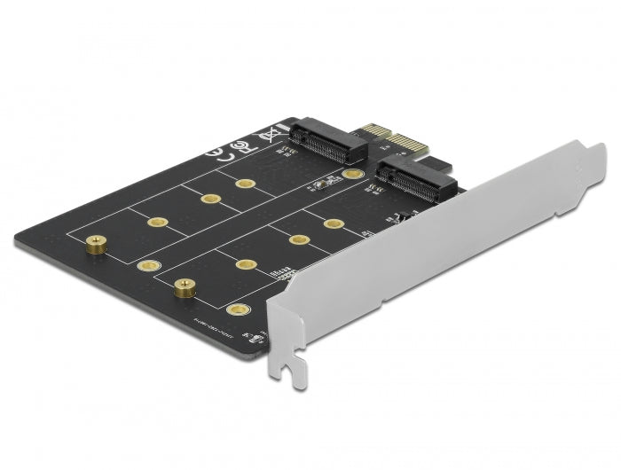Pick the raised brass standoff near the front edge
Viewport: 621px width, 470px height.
coord(184,285)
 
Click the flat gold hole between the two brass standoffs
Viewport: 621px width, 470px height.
coord(147,265)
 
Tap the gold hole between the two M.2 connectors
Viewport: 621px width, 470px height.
coord(354,176)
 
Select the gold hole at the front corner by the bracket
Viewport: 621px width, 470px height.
coord(237,310)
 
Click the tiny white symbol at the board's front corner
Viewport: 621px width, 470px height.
coord(256,335)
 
